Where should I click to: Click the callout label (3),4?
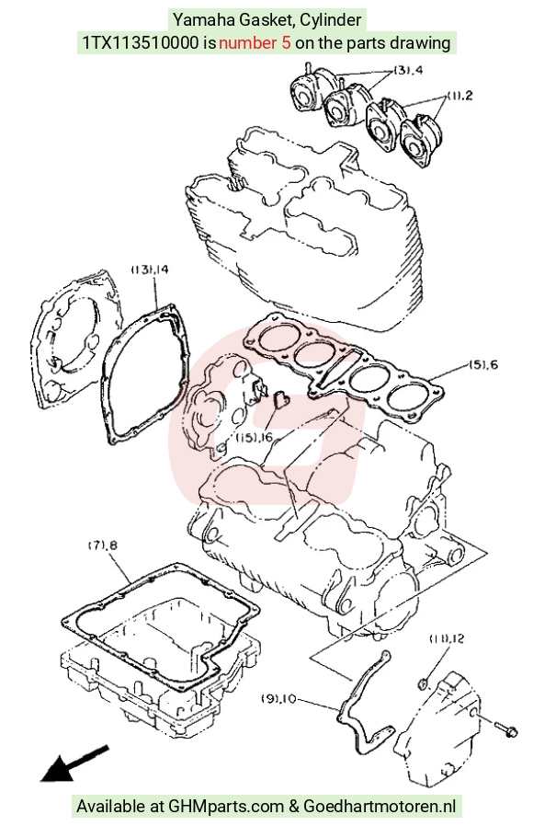coord(408,70)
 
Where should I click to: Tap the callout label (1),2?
coord(459,96)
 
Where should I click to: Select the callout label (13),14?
coord(150,270)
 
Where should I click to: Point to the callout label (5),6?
coord(483,364)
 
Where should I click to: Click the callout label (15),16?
coord(255,438)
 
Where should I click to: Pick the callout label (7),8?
coord(102,545)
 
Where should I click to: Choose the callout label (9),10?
coord(278,699)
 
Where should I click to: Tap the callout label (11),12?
coord(447,638)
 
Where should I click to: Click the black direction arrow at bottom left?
coord(74,763)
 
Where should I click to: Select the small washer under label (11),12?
coord(423,684)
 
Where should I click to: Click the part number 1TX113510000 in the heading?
coord(141,42)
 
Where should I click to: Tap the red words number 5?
coord(255,42)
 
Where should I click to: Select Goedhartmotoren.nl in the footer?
coord(380,806)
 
